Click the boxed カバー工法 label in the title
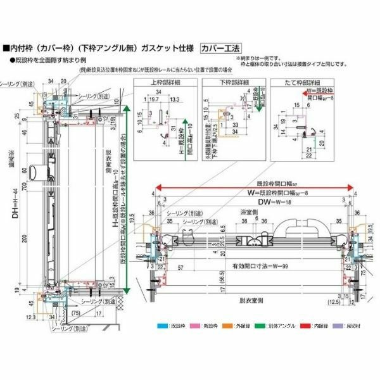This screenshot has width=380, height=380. point(220,47)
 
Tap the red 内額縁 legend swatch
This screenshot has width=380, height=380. point(312,326)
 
